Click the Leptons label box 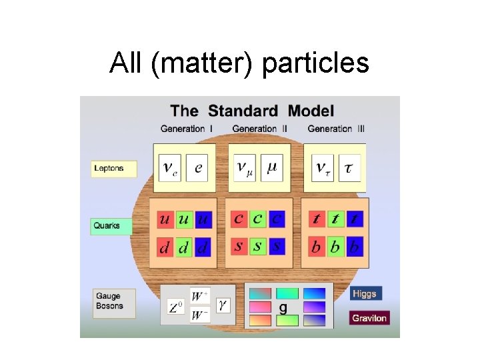114,168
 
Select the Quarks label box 111,226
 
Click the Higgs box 365,293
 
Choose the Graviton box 369,318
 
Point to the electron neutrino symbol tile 170,167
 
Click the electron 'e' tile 198,167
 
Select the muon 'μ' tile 272,167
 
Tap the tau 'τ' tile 349,167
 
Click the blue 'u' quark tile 204,219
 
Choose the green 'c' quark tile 258,218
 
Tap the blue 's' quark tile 277,246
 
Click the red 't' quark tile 317,219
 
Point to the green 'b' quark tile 335,247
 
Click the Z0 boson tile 175,307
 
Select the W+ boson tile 200,295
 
